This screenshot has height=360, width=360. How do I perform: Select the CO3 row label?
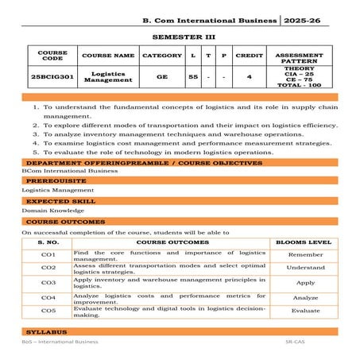tap(48, 282)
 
